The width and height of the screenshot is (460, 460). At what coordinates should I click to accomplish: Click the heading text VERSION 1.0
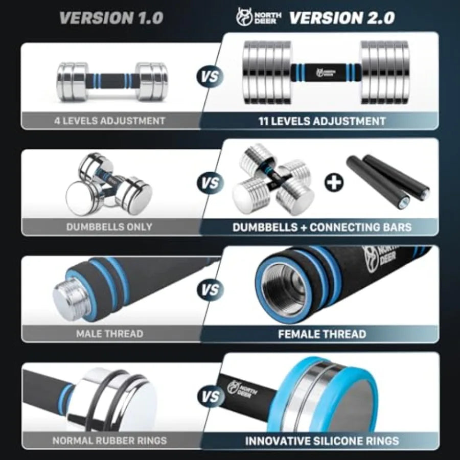pyautogui.click(x=111, y=18)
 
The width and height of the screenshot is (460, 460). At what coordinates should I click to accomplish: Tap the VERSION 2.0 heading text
pyautogui.click(x=342, y=18)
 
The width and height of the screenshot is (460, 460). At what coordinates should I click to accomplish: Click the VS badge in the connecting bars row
pyautogui.click(x=210, y=182)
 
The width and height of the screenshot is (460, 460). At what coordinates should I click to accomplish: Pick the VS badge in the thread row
pyautogui.click(x=210, y=290)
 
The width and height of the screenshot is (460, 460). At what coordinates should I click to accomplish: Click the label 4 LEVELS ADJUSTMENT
pyautogui.click(x=110, y=121)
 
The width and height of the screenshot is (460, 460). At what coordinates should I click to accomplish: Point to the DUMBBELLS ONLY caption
pyautogui.click(x=109, y=227)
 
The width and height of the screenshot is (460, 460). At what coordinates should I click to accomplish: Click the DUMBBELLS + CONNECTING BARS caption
pyautogui.click(x=322, y=227)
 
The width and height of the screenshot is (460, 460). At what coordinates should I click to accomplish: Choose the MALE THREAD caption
pyautogui.click(x=109, y=334)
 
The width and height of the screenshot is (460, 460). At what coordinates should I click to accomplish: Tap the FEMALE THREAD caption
pyautogui.click(x=322, y=334)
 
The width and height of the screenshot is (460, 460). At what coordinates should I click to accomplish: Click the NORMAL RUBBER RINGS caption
pyautogui.click(x=109, y=440)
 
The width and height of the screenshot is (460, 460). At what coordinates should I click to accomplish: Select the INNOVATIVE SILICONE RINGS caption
pyautogui.click(x=322, y=441)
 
